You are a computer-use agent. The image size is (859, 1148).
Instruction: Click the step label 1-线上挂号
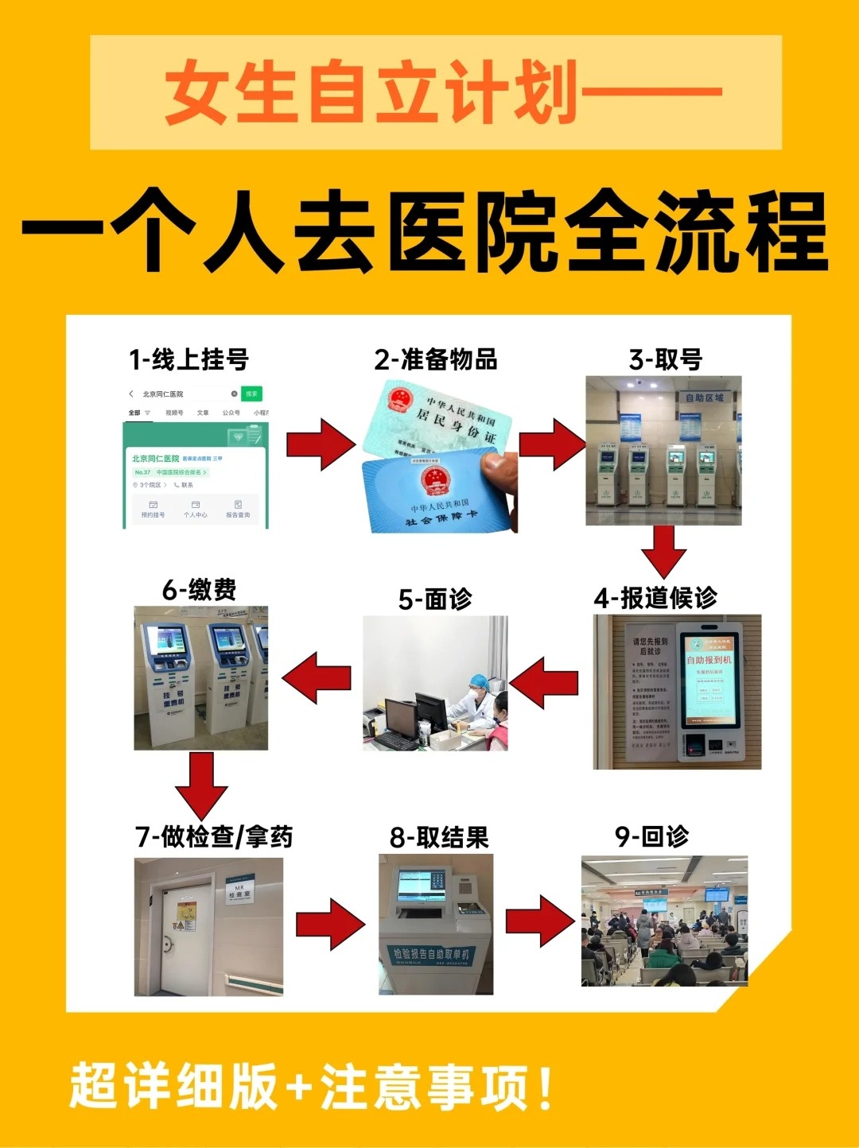(x=189, y=359)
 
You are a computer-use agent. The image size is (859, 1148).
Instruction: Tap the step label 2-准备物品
(x=436, y=359)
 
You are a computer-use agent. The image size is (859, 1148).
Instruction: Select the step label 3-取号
(x=666, y=359)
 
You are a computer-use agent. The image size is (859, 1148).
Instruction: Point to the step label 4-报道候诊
(x=655, y=598)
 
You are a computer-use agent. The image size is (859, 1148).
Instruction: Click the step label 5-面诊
(x=435, y=599)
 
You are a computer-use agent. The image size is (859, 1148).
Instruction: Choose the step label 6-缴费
(x=200, y=590)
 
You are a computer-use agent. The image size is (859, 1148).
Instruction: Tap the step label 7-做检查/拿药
(x=214, y=836)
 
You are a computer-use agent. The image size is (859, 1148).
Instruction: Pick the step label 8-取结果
(x=439, y=837)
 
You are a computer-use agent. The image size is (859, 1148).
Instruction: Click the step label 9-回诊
(x=651, y=836)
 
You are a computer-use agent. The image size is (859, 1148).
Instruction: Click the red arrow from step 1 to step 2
(x=320, y=444)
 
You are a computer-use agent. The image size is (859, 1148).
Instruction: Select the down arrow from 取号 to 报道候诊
(x=663, y=551)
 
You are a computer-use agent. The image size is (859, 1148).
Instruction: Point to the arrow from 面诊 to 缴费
(x=317, y=677)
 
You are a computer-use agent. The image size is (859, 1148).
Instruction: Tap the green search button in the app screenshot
(x=251, y=394)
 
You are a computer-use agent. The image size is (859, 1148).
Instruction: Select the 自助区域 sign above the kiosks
(x=705, y=398)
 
